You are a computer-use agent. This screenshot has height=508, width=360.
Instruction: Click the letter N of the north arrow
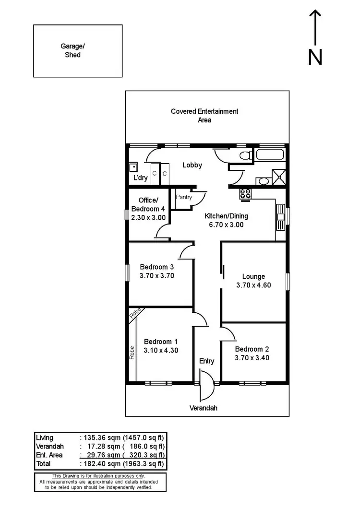pyautogui.click(x=315, y=57)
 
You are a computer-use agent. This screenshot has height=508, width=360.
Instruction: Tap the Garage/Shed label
pyautogui.click(x=70, y=51)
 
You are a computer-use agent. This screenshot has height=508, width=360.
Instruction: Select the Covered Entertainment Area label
pyautogui.click(x=204, y=116)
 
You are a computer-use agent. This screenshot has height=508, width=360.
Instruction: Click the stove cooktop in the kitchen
pyautogui.click(x=246, y=193)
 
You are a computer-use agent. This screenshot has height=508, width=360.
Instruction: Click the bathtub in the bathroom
pyautogui.click(x=271, y=155)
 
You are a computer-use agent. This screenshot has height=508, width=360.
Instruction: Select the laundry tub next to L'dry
pyautogui.click(x=133, y=167)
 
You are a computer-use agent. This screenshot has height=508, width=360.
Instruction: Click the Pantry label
pyautogui.click(x=184, y=197)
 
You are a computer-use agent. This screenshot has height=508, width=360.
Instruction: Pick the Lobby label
pyautogui.click(x=192, y=165)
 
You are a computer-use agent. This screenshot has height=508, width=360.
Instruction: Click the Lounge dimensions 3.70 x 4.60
pyautogui.click(x=253, y=285)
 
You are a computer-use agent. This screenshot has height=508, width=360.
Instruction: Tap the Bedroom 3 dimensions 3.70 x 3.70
pyautogui.click(x=156, y=276)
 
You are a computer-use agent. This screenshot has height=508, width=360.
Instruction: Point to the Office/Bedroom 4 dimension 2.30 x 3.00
pyautogui.click(x=148, y=217)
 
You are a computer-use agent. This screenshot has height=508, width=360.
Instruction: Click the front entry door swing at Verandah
pyautogui.click(x=207, y=389)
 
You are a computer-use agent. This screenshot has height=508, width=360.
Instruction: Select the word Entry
pyautogui.click(x=206, y=361)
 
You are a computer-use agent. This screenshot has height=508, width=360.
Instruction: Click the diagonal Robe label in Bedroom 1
pyautogui.click(x=136, y=313)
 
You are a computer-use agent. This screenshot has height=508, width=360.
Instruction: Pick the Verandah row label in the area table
pyautogui.click(x=49, y=446)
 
